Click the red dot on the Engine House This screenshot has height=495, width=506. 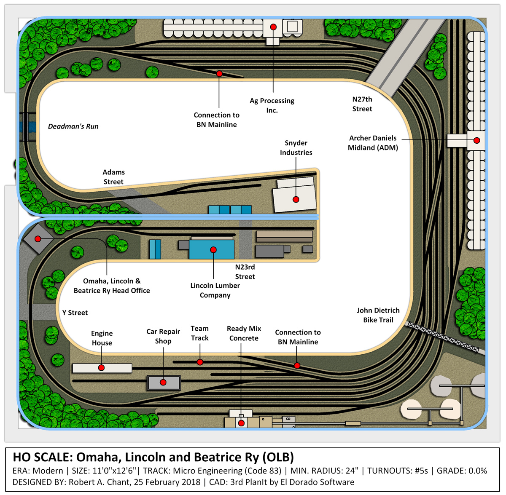pyautogui.click(x=101, y=368)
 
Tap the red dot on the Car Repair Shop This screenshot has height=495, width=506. pyautogui.click(x=163, y=382)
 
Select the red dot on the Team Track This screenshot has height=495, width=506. pyautogui.click(x=200, y=362)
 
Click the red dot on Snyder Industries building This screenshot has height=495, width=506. pyautogui.click(x=296, y=199)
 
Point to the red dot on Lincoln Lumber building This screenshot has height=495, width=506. pyautogui.click(x=213, y=249)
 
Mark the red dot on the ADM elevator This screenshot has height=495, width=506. pyautogui.click(x=477, y=140)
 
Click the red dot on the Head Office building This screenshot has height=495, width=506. pyautogui.click(x=38, y=239)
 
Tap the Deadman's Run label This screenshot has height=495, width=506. pyautogui.click(x=73, y=126)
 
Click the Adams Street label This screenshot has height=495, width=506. pyautogui.click(x=113, y=177)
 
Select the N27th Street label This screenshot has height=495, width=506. pyautogui.click(x=362, y=104)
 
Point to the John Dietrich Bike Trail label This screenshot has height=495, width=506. pyautogui.click(x=378, y=315)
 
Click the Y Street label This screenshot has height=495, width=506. pyautogui.click(x=75, y=313)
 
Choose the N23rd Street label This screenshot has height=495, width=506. pyautogui.click(x=245, y=272)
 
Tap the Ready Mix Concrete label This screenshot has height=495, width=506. pyautogui.click(x=244, y=333)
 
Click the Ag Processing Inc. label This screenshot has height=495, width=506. pyautogui.click(x=272, y=105)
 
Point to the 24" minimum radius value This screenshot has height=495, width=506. pyautogui.click(x=352, y=471)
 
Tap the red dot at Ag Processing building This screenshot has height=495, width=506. pyautogui.click(x=273, y=27)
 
